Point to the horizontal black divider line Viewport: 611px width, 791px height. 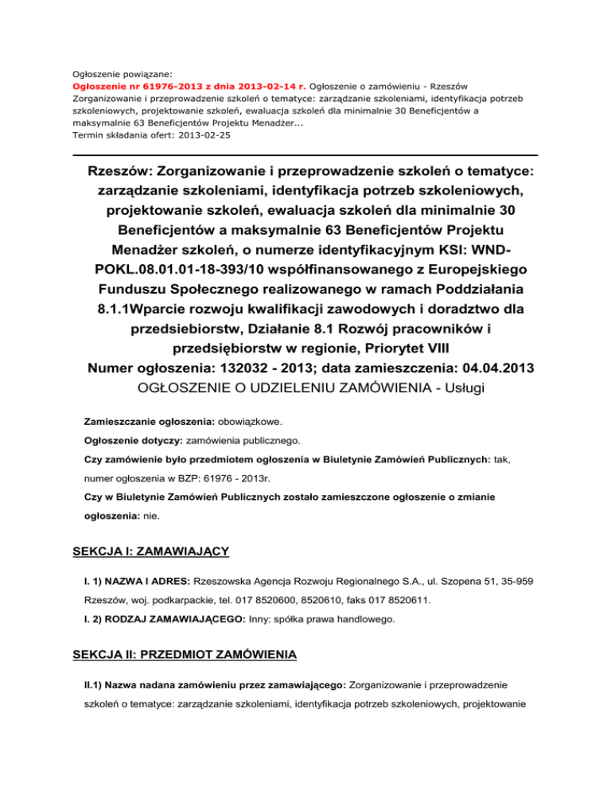(305, 154)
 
